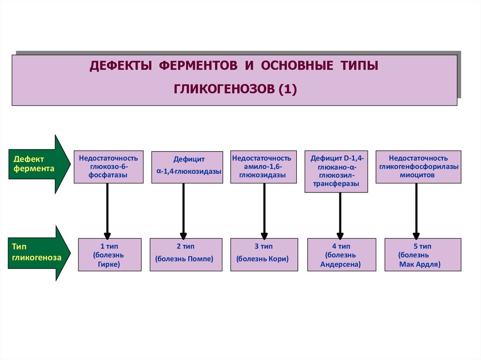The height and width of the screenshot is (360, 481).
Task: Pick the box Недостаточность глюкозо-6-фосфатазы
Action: tap(109, 167)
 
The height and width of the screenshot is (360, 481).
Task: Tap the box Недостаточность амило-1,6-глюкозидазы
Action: tap(264, 167)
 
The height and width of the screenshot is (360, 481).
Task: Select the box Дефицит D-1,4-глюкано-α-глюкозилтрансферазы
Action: tap(337, 171)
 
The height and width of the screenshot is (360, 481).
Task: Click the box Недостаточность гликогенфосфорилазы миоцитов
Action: tap(418, 167)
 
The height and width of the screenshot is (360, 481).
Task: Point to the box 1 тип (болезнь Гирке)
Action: tap(109, 255)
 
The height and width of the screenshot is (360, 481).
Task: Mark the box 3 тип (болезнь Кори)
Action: tap(264, 255)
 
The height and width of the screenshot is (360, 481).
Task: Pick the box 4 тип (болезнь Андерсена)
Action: tap(341, 255)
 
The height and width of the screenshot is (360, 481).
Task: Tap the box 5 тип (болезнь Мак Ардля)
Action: tap(419, 255)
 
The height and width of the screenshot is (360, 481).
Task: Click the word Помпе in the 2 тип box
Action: tap(201, 259)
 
